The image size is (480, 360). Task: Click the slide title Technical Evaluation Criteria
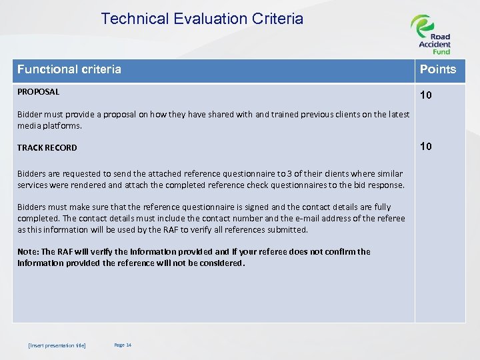(202, 19)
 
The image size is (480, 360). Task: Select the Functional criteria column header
(69, 69)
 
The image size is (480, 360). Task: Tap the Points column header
(437, 69)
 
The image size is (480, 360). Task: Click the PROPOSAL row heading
(38, 92)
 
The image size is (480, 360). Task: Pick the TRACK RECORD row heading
(47, 148)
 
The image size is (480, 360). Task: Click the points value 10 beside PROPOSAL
(425, 95)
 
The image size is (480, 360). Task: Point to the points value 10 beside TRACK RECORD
(425, 146)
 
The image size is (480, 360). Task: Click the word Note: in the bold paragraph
(29, 252)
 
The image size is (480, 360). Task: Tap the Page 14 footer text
(123, 345)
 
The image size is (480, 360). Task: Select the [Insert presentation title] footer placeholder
(57, 345)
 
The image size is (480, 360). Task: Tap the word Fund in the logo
(441, 51)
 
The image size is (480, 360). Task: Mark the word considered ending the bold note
(223, 263)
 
